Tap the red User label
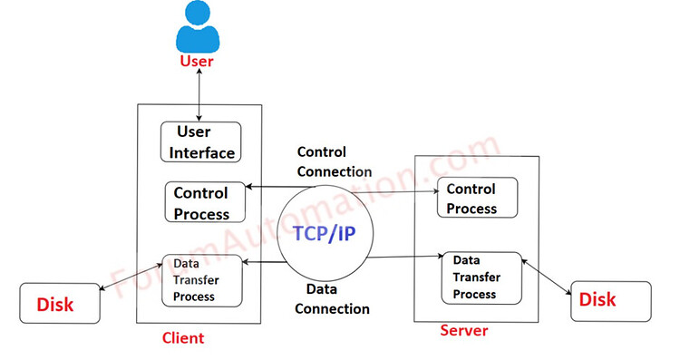(197, 61)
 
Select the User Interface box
(201, 143)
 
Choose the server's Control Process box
(477, 199)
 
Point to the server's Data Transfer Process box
(481, 277)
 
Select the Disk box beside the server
(610, 300)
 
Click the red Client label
(182, 338)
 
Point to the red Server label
(463, 331)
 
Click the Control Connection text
(334, 161)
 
